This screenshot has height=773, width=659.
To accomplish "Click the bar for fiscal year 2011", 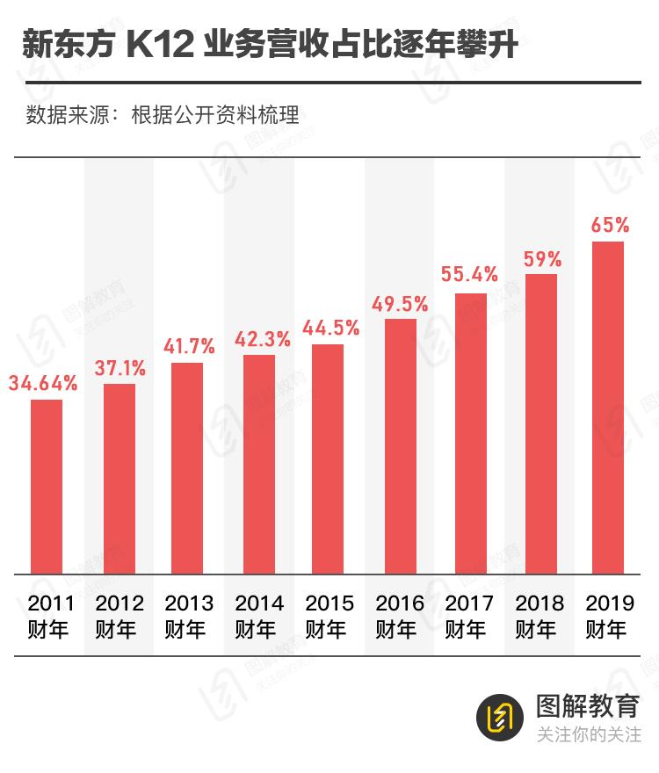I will [47, 487].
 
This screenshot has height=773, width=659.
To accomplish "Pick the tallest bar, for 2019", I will [608, 408].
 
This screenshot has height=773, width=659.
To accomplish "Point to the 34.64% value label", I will [43, 383].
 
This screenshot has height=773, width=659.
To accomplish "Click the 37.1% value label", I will [119, 368].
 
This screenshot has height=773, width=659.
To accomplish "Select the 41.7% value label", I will [187, 346].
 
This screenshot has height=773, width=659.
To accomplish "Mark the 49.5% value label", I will [400, 304].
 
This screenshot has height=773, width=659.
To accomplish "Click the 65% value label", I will [610, 225].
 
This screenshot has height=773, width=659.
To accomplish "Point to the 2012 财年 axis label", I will [119, 616].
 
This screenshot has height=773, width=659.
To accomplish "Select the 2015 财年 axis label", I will [329, 616].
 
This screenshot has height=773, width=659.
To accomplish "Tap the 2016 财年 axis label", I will [400, 616].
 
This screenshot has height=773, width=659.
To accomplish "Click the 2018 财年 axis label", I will [540, 616].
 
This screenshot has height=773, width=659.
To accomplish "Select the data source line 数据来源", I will [163, 115].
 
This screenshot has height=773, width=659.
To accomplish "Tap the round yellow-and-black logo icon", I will [500, 719].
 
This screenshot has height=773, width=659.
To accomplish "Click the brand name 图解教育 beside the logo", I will [587, 705].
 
